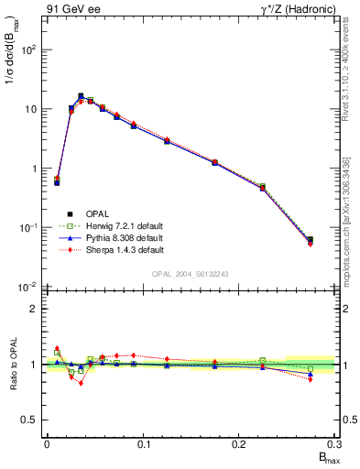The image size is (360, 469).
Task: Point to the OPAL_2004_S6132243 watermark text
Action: (x=190, y=273)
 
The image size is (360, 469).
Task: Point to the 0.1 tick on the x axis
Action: (x=143, y=444)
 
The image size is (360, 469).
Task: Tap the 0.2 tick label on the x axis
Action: (x=239, y=444)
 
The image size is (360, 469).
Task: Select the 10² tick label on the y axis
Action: (x=29, y=49)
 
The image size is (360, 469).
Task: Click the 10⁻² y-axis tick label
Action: (x=29, y=287)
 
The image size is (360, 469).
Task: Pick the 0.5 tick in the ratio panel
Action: (x=31, y=420)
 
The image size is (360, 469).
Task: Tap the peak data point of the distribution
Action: (x=81, y=95)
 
